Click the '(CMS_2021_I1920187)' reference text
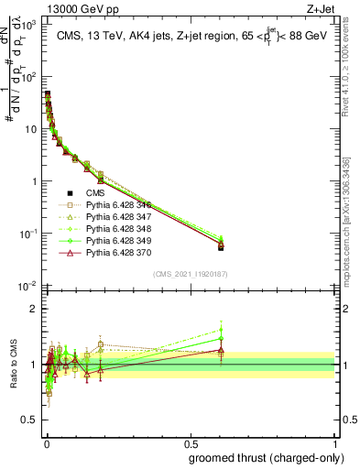[191, 275]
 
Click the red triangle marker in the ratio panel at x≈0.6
[219, 350]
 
